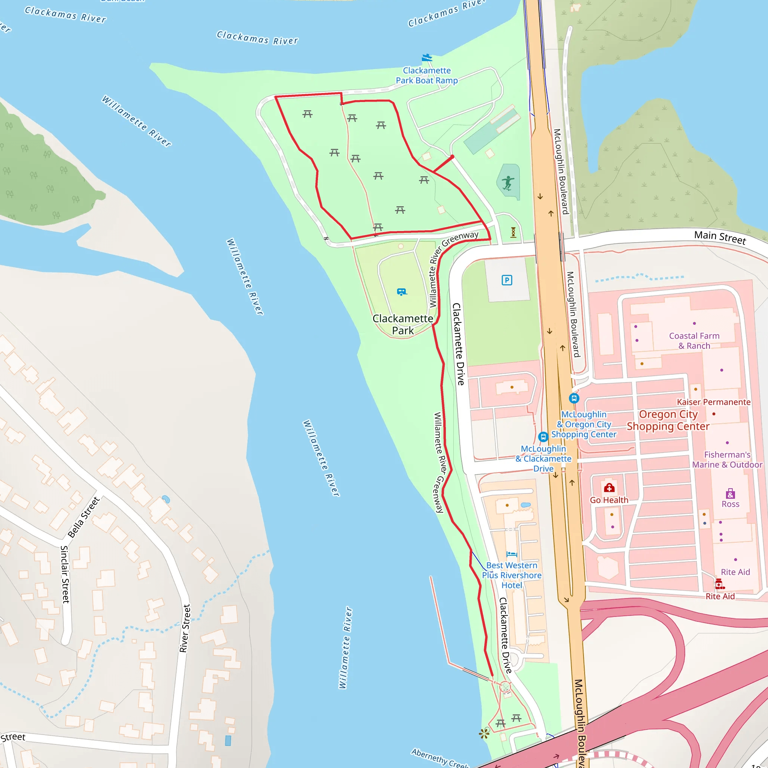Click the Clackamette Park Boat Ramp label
click(x=426, y=75)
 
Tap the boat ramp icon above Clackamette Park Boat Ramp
click(x=426, y=58)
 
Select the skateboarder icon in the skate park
click(x=508, y=183)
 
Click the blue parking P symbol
click(x=507, y=280)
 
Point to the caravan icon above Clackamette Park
click(x=402, y=292)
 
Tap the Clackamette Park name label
click(x=403, y=324)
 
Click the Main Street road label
click(x=720, y=237)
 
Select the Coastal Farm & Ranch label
click(x=694, y=340)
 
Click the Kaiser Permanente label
click(x=714, y=402)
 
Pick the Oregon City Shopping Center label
click(x=668, y=420)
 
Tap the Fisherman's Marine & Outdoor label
click(x=727, y=459)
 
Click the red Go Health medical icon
click(x=609, y=488)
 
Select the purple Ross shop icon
click(x=730, y=494)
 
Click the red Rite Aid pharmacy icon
click(x=719, y=584)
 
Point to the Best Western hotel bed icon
click(x=511, y=554)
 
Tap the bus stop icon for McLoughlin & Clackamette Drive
click(x=543, y=437)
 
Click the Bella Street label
click(x=84, y=517)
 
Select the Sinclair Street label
click(x=65, y=574)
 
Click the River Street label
click(x=185, y=628)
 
